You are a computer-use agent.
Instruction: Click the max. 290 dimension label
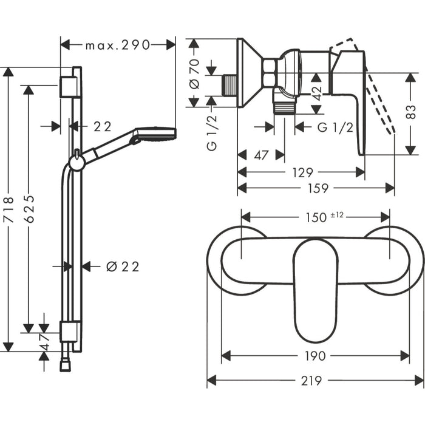click(118, 45)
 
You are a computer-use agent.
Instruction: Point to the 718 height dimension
click(8, 210)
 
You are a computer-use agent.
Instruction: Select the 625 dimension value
click(29, 209)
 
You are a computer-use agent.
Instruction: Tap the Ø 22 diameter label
click(123, 267)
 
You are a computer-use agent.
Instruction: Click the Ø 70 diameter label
click(195, 74)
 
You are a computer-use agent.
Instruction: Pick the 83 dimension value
click(411, 112)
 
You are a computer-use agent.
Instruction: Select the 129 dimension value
click(302, 172)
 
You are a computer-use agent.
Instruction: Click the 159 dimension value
click(318, 188)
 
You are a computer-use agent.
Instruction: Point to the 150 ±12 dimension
click(324, 217)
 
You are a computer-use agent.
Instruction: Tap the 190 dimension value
click(315, 356)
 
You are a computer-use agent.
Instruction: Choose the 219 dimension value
click(311, 381)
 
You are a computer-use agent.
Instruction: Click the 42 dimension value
click(316, 93)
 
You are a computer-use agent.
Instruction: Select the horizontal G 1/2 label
click(335, 127)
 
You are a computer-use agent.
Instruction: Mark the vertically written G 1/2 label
click(212, 133)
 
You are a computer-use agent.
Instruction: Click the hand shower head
click(154, 134)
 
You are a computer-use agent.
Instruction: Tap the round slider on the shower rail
click(76, 163)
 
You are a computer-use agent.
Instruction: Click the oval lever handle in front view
click(315, 290)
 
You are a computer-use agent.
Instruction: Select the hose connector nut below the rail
click(65, 365)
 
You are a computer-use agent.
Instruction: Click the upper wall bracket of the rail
click(70, 86)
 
